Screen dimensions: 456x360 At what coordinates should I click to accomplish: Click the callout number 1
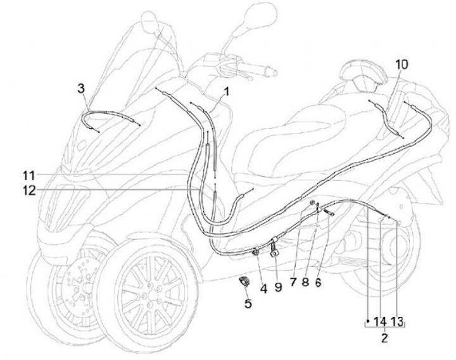[x=226, y=91]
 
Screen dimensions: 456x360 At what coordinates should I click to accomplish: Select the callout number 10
[x=402, y=65]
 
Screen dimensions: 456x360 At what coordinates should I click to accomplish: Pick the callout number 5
[x=248, y=304]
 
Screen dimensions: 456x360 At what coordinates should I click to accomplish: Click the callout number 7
[x=293, y=283]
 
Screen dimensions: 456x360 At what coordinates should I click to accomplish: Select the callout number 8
[x=305, y=283]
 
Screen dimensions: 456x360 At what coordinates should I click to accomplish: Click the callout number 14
[x=380, y=321]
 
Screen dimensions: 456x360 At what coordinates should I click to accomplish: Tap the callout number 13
[x=396, y=321]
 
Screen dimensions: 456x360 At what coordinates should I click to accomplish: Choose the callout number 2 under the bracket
[x=384, y=338]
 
